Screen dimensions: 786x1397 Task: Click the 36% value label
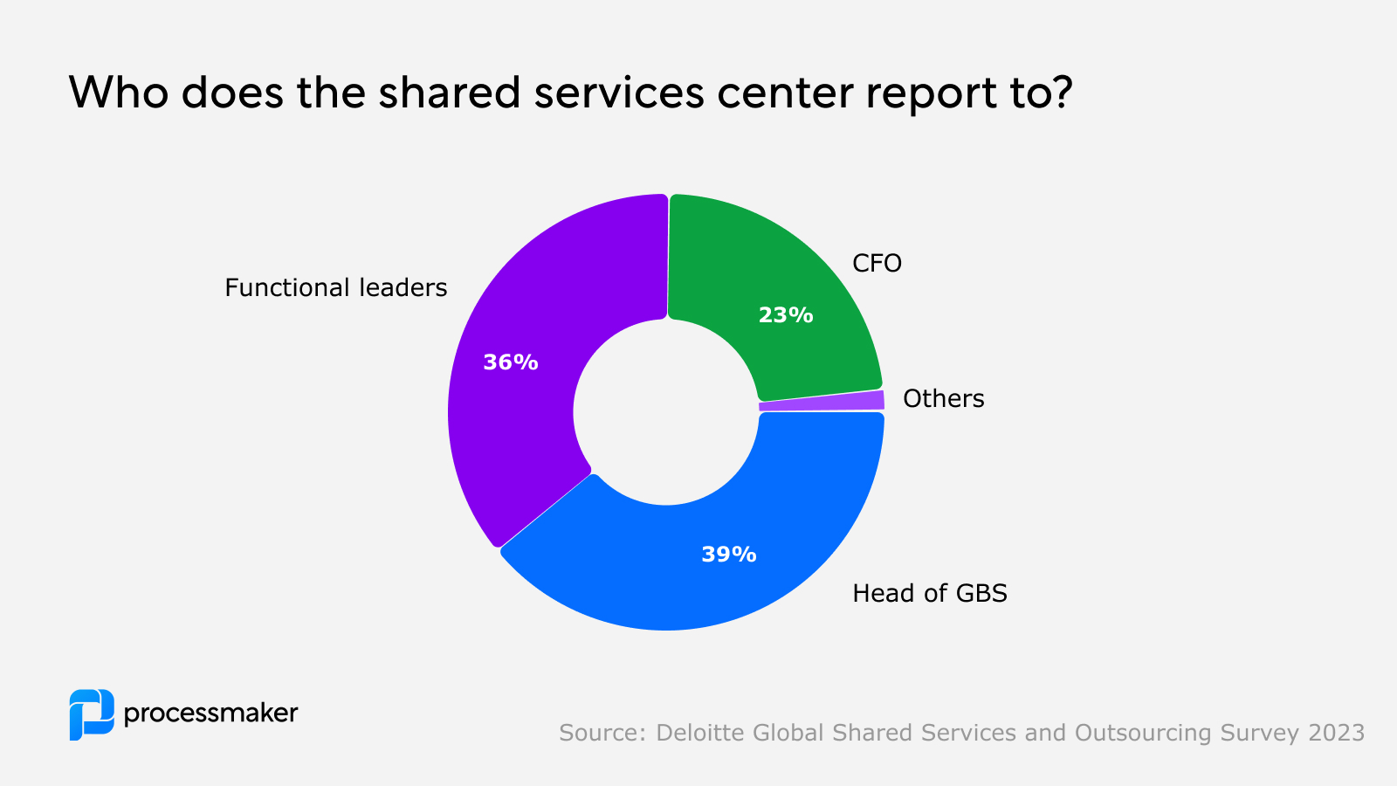pos(511,362)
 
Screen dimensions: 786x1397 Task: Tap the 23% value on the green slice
pos(785,315)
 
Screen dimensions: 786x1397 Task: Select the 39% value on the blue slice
pos(728,555)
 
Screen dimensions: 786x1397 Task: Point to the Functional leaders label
pos(335,287)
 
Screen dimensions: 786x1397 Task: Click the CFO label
pos(877,263)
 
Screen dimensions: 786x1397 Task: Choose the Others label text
pos(943,399)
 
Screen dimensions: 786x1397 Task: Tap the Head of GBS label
pos(929,594)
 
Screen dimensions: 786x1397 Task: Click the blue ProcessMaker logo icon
pos(92,714)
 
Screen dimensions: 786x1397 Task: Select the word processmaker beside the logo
pos(210,714)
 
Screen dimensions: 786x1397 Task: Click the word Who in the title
pos(118,93)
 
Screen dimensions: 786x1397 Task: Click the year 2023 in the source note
pos(1336,733)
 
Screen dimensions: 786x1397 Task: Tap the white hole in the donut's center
pos(666,412)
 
